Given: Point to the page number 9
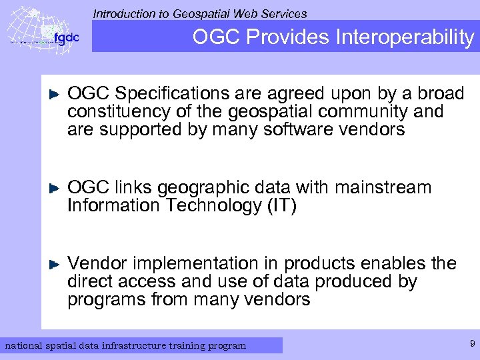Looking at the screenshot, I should (x=472, y=344).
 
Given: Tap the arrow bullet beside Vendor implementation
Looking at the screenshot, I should (x=56, y=264).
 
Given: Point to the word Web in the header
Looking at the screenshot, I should (x=249, y=13).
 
